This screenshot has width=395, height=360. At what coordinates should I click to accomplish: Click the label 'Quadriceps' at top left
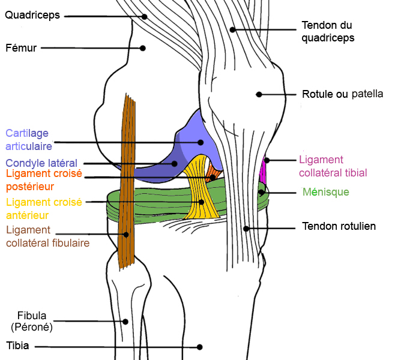[x=32, y=15]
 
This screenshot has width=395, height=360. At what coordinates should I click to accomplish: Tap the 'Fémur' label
[x=21, y=48]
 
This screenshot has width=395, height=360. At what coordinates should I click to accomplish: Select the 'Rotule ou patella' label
[x=343, y=94]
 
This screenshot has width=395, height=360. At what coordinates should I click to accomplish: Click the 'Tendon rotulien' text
[x=339, y=226]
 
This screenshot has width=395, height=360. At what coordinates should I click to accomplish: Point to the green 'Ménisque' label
[x=325, y=192]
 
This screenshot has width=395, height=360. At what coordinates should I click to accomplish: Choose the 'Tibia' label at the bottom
[x=17, y=346]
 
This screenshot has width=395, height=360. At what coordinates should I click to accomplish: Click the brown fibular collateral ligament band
[x=127, y=180]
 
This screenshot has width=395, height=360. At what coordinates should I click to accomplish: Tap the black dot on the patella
[x=259, y=94]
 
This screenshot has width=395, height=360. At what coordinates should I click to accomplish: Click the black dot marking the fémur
[x=143, y=48]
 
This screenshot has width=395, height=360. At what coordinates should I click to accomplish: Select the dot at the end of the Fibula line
[x=125, y=321]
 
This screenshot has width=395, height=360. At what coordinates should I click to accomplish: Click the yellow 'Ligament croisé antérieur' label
[x=43, y=208]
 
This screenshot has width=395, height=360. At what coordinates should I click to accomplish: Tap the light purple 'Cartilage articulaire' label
[x=29, y=139]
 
